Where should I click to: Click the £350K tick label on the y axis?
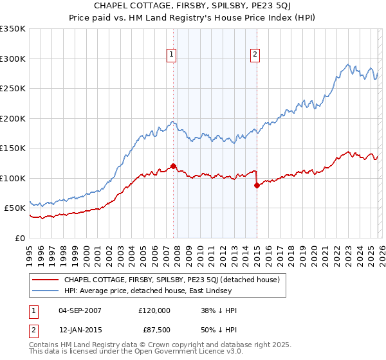click(13, 29)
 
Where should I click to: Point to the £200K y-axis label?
click(13, 118)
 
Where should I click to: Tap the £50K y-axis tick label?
click(15, 208)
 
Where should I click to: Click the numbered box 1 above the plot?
click(172, 55)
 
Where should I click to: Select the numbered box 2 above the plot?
click(255, 55)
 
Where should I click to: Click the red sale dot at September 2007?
click(173, 166)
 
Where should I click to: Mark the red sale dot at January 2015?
click(257, 185)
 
